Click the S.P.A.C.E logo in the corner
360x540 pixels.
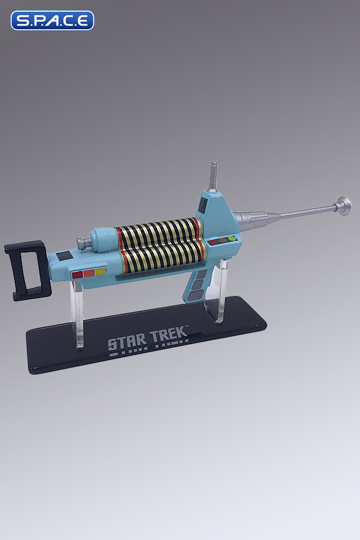52,20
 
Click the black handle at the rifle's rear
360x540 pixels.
25,271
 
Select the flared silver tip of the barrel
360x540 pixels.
343,205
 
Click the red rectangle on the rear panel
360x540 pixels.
76,274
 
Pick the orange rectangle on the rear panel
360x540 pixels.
88,273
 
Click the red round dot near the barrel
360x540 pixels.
214,242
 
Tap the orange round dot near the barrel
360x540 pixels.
222,241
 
